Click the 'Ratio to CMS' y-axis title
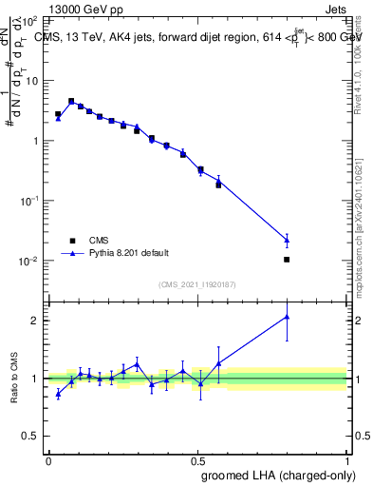13,378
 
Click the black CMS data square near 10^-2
287,259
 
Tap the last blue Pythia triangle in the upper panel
287,240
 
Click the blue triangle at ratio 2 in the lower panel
287,317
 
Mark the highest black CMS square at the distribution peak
71,101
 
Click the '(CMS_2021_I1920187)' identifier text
197,284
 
